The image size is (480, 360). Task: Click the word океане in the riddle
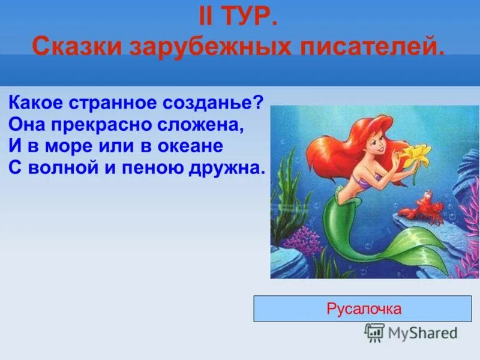[x=190, y=146]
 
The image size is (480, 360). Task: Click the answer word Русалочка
[x=364, y=309]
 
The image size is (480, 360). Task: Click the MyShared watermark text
[x=422, y=333]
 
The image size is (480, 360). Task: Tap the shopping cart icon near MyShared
[x=374, y=332]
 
